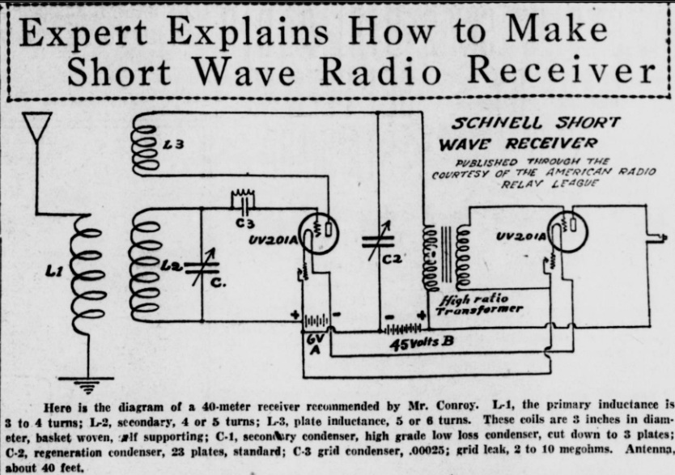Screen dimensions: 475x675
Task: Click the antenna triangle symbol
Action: click(x=37, y=128)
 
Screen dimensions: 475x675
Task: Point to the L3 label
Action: click(x=173, y=145)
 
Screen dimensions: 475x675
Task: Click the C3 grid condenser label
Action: click(x=244, y=223)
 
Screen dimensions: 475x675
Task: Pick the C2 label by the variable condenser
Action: click(x=393, y=259)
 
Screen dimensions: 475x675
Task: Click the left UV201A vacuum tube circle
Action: click(x=319, y=231)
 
